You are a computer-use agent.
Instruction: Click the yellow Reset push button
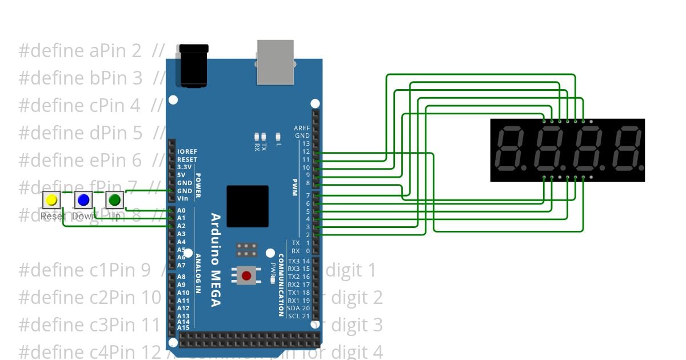[x=51, y=200]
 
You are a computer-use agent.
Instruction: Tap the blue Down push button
[x=83, y=200]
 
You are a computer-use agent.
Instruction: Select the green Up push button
[x=115, y=200]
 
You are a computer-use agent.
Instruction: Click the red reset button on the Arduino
[x=246, y=276]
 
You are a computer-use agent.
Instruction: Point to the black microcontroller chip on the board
[x=247, y=206]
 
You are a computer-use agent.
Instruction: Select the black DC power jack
[x=193, y=65]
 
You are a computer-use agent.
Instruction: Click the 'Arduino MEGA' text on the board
[x=216, y=259]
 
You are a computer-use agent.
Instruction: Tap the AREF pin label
[x=301, y=128]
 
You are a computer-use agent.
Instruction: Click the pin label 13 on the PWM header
[x=306, y=143]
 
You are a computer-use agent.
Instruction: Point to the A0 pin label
[x=181, y=210]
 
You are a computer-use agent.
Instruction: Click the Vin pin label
[x=182, y=198]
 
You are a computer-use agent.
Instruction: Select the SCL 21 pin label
[x=299, y=316]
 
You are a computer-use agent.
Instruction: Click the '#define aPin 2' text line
[x=80, y=51]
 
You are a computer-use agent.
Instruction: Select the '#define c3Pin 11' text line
[x=89, y=325]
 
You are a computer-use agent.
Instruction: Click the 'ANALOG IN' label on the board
[x=198, y=273]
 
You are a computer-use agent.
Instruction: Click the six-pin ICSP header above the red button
[x=246, y=250]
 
